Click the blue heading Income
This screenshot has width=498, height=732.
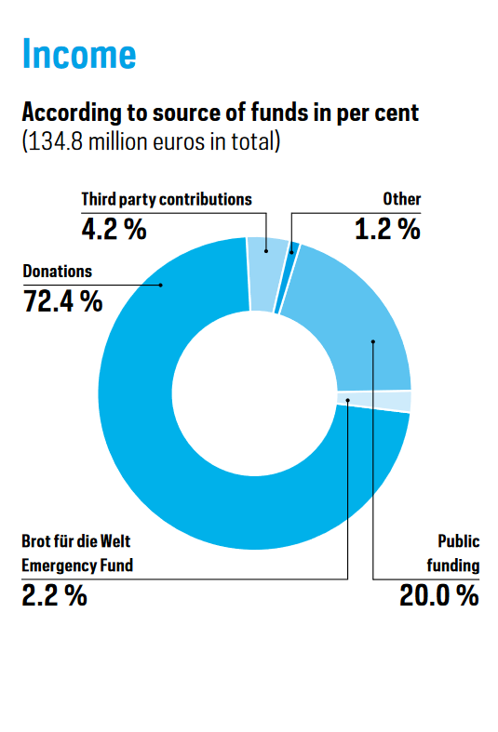[x=79, y=54]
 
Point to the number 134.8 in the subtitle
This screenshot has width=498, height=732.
[x=56, y=141]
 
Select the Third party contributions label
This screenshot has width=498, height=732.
[x=167, y=199]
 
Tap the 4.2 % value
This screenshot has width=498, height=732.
[x=114, y=229]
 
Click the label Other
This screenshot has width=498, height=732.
[x=402, y=199]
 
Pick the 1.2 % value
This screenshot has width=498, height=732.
[x=388, y=229]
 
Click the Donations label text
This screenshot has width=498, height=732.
[x=58, y=272]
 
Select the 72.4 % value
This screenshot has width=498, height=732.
[x=63, y=301]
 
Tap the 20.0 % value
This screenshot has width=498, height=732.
[x=439, y=595]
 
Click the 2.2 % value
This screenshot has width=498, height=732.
[x=55, y=595]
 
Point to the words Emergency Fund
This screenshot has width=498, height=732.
[x=77, y=566]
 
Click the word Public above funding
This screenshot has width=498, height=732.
[x=459, y=541]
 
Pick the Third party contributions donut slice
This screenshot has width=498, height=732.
[x=267, y=274]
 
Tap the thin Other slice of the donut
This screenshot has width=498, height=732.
[x=287, y=279]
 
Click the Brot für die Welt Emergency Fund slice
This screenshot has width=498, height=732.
[x=374, y=402]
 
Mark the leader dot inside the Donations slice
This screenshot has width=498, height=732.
[x=161, y=285]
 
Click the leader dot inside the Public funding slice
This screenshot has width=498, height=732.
[x=372, y=341]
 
